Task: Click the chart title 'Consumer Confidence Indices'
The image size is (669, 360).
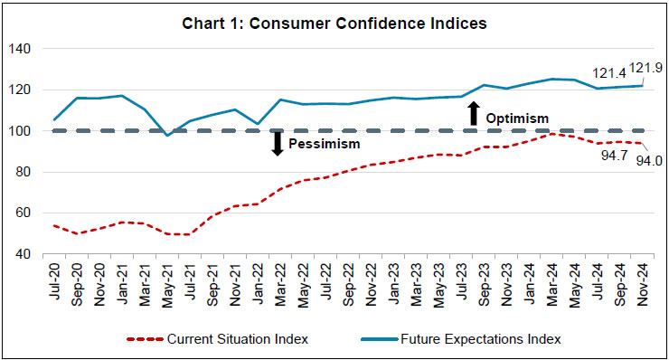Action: pos(335,24)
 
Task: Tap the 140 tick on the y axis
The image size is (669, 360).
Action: pos(20,49)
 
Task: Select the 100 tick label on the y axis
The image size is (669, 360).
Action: pos(20,131)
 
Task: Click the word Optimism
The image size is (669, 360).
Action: pos(516,118)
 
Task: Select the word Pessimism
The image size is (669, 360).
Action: pos(324,144)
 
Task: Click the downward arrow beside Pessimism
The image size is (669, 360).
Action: pos(278,143)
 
